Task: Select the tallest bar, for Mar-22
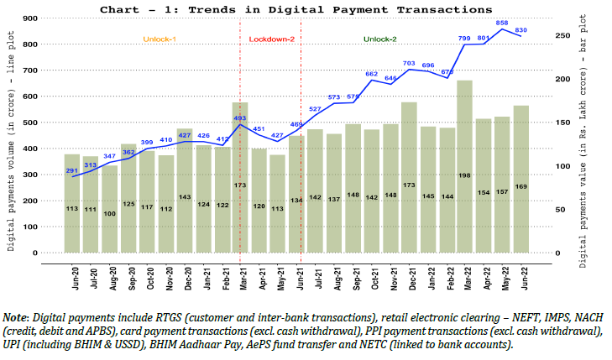(464, 168)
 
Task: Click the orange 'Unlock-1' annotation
(160, 39)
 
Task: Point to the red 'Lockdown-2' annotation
(271, 39)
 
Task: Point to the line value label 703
(409, 63)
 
